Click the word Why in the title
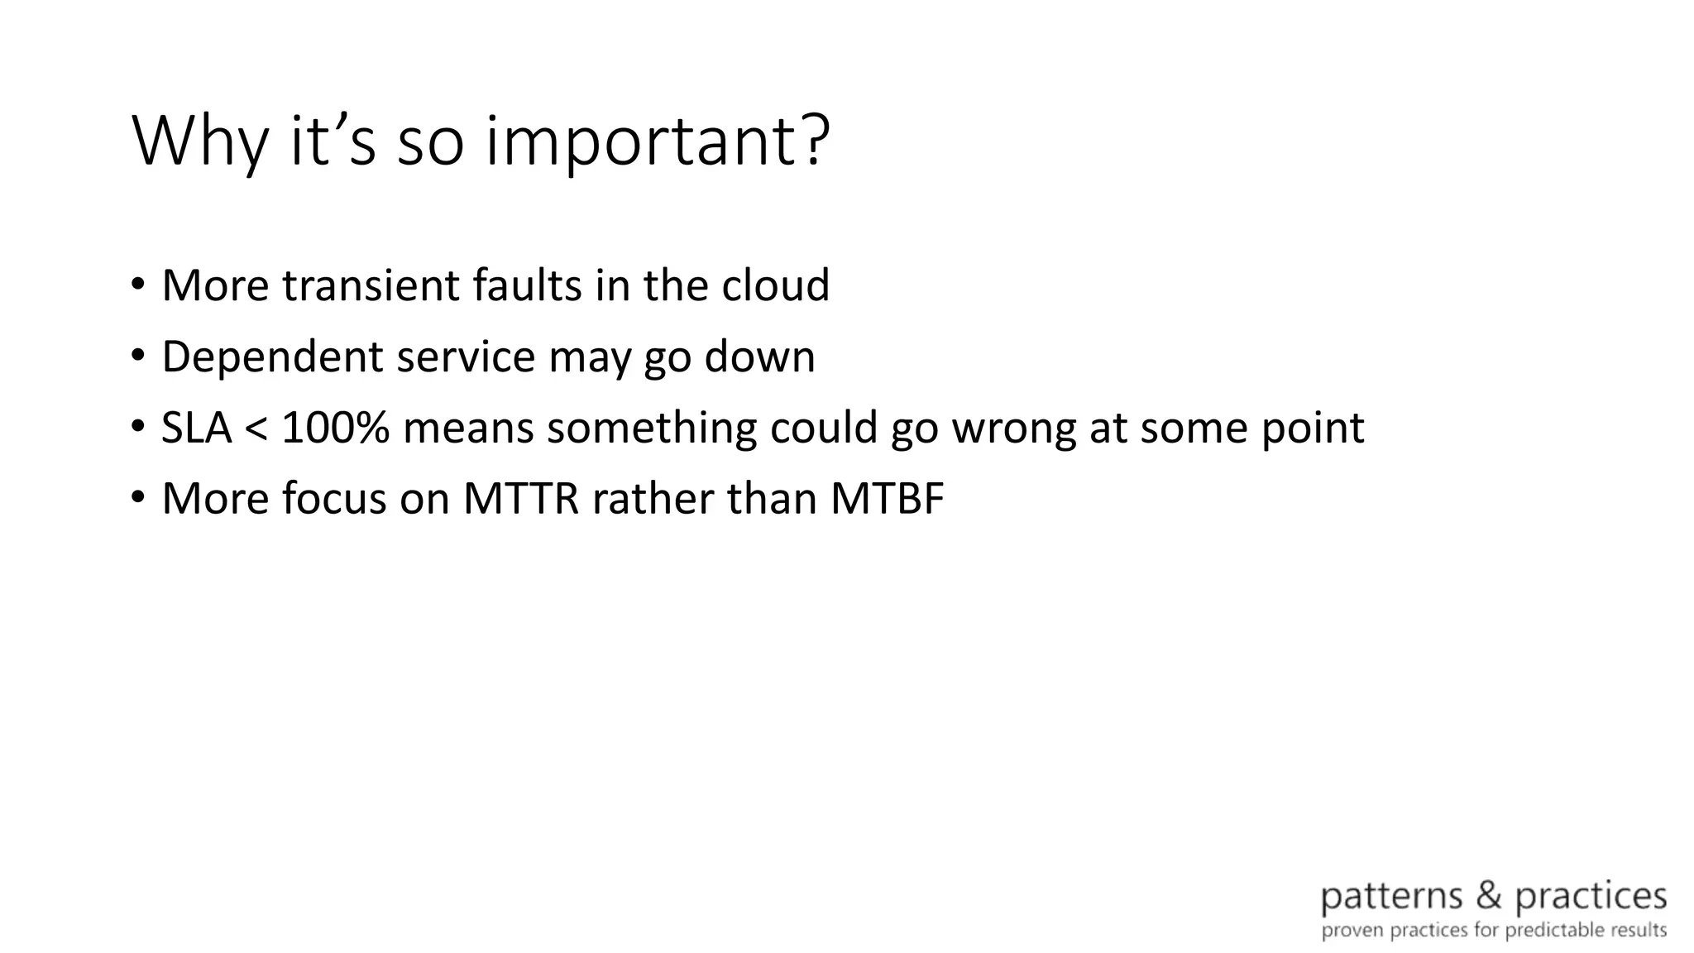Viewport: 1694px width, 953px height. (200, 142)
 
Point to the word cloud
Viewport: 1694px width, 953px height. (775, 285)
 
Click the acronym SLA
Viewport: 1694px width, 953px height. (196, 429)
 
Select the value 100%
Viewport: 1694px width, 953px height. (335, 429)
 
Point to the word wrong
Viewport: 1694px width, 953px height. (1014, 429)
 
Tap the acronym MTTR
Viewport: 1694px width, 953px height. (520, 500)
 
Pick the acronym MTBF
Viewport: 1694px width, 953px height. (887, 500)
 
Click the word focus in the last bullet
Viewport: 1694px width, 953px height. (334, 500)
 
